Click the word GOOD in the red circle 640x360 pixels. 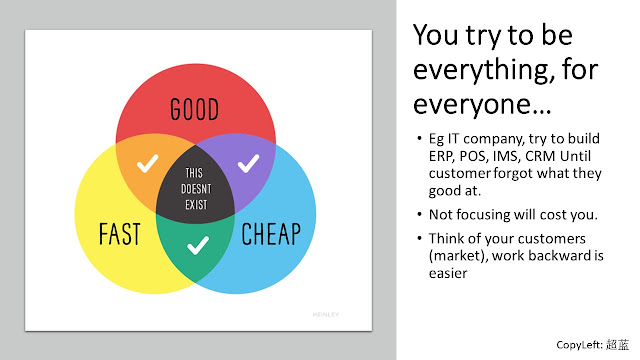194,109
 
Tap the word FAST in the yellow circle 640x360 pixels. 120,234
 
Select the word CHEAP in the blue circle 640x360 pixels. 271,234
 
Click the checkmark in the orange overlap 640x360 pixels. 147,163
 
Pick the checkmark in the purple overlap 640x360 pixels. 249,163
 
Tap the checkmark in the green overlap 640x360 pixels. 198,245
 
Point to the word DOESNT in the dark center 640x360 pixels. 196,189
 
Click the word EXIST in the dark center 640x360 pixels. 196,204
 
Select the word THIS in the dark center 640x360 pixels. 194,173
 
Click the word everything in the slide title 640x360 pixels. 483,71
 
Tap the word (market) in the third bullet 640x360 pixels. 458,256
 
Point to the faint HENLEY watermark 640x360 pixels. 326,314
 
